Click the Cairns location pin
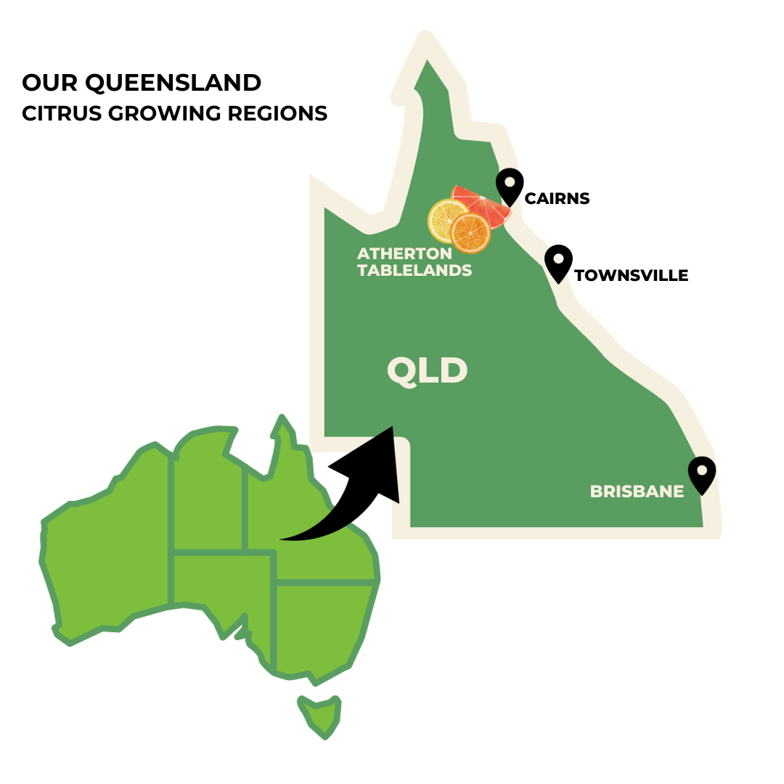coord(510,186)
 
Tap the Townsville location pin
coord(558,262)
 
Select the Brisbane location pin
coord(702,473)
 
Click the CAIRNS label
coord(557,198)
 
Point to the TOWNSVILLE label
coord(631,276)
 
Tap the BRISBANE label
coord(637,491)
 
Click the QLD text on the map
coord(427,371)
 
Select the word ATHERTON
coord(404,254)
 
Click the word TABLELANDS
coord(415,271)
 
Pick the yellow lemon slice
coord(444,219)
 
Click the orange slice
coord(470,232)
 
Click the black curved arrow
coord(348,501)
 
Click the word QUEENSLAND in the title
coord(173,83)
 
